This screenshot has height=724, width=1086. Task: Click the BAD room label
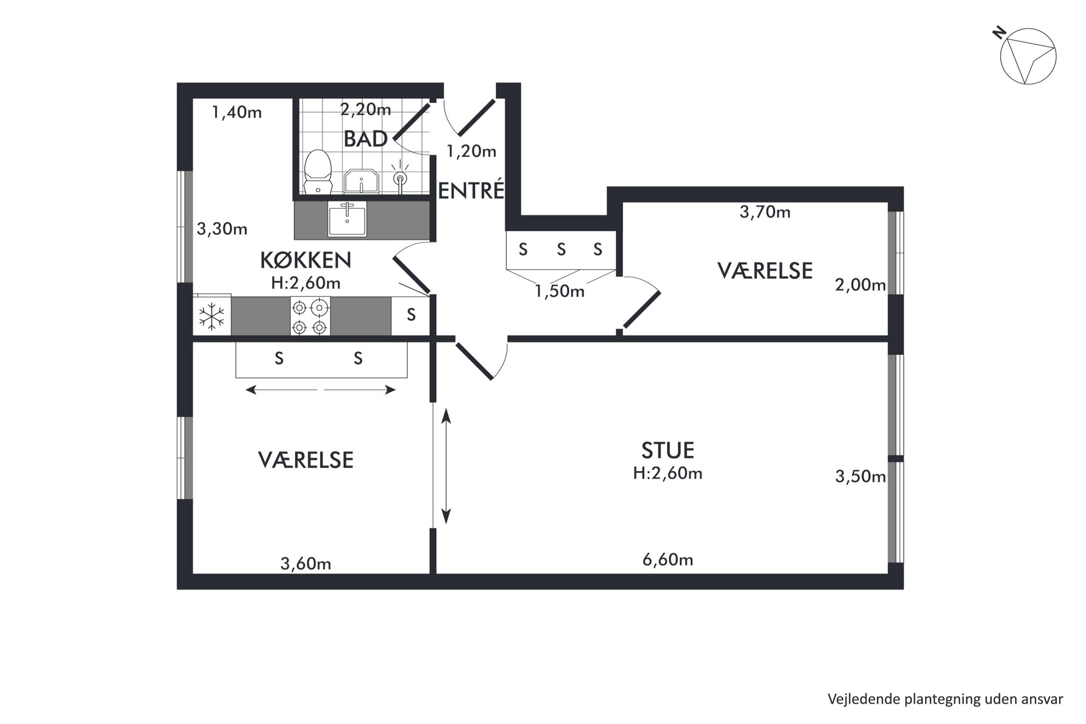[x=366, y=139]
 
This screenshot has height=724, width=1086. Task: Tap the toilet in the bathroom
[x=318, y=172]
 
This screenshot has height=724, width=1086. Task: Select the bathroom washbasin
[x=361, y=181]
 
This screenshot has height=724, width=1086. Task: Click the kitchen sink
[x=347, y=219]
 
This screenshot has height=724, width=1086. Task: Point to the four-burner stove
[x=310, y=316]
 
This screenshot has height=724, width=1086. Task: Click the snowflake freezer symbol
[x=212, y=317]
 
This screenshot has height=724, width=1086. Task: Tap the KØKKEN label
[x=305, y=260]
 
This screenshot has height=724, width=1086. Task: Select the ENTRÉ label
[x=471, y=190]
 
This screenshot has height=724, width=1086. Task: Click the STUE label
[x=668, y=450]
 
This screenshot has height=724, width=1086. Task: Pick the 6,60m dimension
[x=668, y=559]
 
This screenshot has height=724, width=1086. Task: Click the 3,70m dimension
[x=765, y=212]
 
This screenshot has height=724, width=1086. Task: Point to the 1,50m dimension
[x=559, y=291]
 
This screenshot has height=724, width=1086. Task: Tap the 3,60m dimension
[x=305, y=564]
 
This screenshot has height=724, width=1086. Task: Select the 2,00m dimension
[x=860, y=285]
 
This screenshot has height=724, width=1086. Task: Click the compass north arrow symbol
[x=1028, y=57]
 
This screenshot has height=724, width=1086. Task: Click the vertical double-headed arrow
[x=446, y=466]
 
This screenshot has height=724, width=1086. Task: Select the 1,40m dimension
[x=237, y=113]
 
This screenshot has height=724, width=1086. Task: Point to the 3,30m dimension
[x=222, y=229]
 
